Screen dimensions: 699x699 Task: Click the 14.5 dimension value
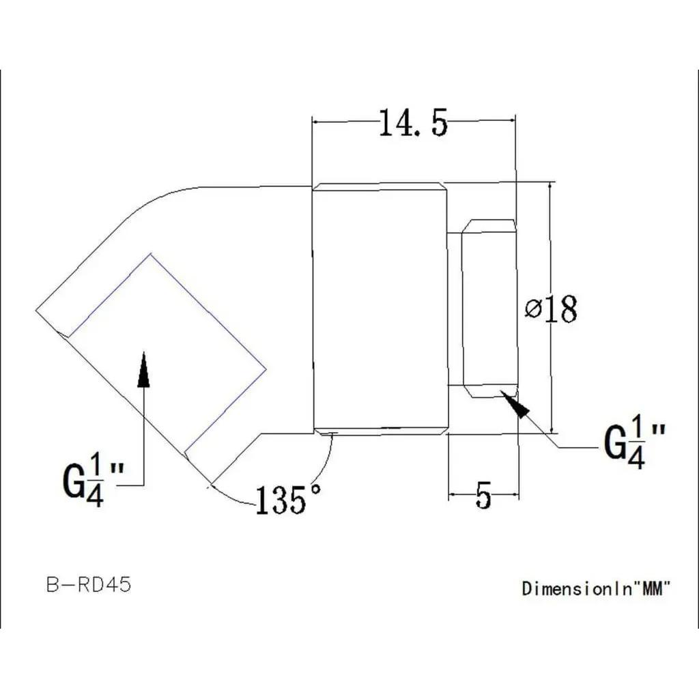[x=413, y=124]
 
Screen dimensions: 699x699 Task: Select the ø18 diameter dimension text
[x=552, y=310]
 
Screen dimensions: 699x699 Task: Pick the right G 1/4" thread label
[x=635, y=444]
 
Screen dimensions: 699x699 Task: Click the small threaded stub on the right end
[x=489, y=309]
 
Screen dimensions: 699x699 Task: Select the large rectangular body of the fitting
[x=380, y=309]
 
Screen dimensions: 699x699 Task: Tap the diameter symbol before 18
[x=533, y=310]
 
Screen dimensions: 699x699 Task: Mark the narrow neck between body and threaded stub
[x=455, y=309]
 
